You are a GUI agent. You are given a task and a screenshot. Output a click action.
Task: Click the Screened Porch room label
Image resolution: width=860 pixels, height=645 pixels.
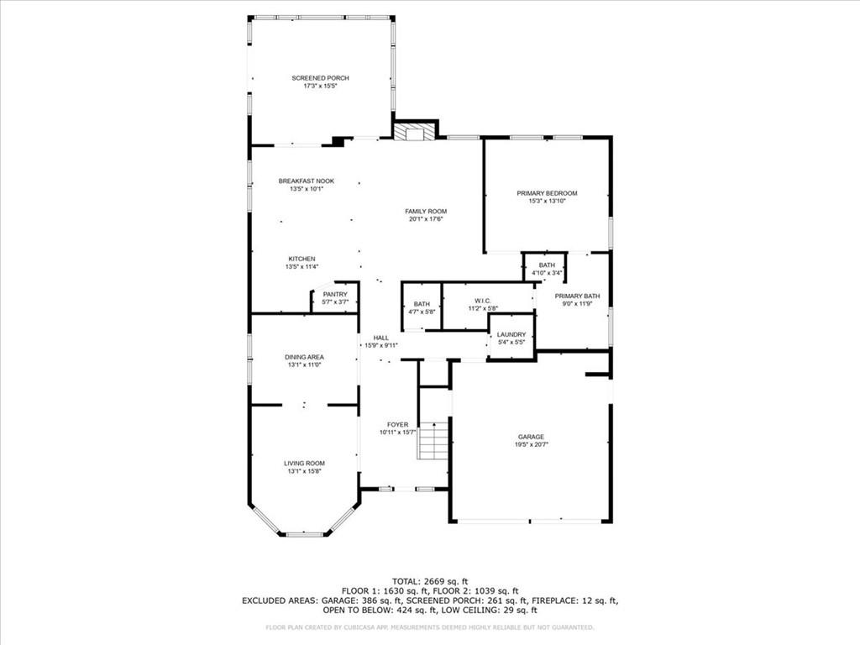[320, 78]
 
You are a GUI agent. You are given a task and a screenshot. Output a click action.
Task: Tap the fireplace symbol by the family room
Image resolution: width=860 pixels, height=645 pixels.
[416, 132]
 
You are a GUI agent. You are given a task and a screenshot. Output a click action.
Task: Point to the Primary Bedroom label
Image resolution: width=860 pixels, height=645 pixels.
[547, 193]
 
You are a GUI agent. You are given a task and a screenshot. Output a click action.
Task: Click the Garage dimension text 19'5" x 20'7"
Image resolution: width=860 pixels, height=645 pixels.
[531, 445]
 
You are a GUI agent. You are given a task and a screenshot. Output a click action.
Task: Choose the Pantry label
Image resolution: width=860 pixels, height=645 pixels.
[334, 294]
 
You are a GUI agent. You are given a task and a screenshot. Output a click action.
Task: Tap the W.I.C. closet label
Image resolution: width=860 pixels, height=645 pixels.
[481, 300]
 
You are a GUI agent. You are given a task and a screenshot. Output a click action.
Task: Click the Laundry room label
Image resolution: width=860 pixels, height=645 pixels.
[511, 334]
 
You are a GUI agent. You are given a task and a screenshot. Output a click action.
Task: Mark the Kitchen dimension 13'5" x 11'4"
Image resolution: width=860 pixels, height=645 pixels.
[302, 267]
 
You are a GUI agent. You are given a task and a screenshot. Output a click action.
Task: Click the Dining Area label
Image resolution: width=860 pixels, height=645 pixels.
[304, 357]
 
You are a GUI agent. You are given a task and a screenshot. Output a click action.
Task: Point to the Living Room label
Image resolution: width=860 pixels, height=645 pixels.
[304, 463]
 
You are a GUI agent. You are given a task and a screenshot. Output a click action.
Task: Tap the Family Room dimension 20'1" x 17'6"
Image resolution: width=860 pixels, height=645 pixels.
[426, 219]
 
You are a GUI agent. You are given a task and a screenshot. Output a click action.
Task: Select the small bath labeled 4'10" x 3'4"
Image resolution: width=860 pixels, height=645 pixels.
[547, 265]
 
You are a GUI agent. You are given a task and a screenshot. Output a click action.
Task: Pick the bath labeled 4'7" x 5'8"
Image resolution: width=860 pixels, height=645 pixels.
[422, 304]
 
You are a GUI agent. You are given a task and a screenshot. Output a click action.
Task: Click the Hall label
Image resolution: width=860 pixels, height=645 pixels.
[380, 337]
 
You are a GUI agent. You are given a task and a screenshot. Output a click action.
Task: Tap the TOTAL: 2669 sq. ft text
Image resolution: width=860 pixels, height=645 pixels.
[430, 581]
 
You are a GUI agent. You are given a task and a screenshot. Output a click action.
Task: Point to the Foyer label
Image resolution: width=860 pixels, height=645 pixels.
[397, 424]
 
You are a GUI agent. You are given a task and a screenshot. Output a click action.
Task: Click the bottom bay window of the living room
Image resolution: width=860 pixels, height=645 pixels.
[304, 534]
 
